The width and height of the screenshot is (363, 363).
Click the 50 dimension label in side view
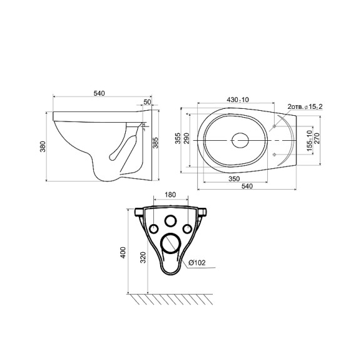pos(147,102)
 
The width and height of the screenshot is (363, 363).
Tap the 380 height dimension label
pos(43,146)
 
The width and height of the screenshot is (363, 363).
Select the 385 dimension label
pos(156,143)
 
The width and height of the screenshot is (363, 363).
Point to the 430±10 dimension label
pos(238,100)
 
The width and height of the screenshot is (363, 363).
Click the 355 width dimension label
pos(178,138)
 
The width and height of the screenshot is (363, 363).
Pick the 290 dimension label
pos(187,138)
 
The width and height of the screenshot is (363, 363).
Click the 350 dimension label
pos(234,179)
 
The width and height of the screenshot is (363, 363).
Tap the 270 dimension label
pos(317,138)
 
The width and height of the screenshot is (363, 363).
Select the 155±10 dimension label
pos(310,141)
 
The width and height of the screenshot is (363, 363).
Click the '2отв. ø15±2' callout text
pos(305,106)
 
